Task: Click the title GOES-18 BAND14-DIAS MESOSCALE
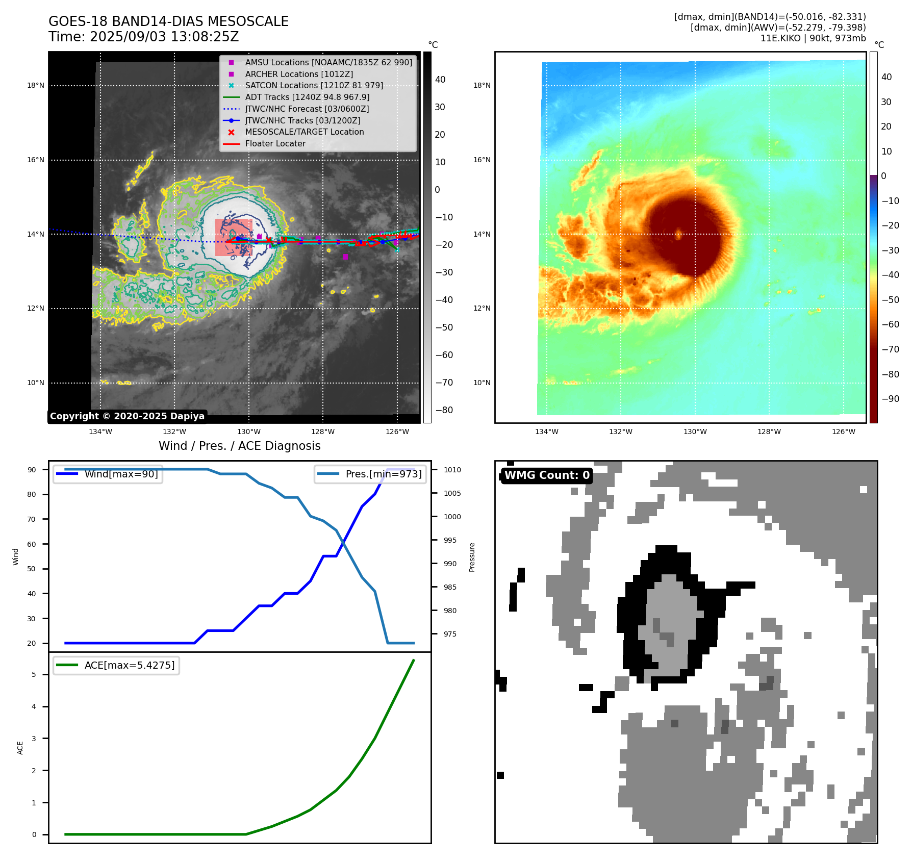click(168, 21)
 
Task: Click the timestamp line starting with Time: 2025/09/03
click(143, 37)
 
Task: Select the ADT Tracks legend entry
click(307, 97)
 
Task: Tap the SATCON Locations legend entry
click(314, 85)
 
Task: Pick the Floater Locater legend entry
click(275, 143)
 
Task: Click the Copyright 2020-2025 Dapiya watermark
click(127, 416)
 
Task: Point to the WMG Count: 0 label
click(547, 475)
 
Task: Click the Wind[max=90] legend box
click(108, 474)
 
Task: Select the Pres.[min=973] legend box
click(370, 474)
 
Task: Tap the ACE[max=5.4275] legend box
click(116, 665)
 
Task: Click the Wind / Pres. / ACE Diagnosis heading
click(239, 446)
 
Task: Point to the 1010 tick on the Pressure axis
click(452, 470)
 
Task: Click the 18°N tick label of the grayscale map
click(36, 85)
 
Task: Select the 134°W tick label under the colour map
click(546, 432)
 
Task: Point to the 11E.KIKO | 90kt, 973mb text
click(813, 38)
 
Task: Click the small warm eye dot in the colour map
click(678, 234)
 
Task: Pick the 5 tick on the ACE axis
click(34, 674)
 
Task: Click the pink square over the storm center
click(234, 237)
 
